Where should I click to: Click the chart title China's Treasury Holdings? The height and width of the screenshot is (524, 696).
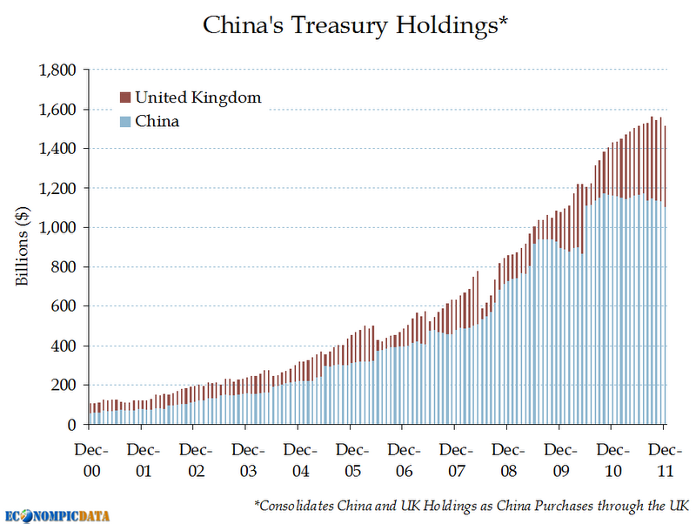click(x=354, y=24)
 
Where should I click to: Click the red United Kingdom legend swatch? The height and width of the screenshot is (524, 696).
click(x=124, y=97)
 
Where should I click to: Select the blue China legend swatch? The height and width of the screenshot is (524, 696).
click(x=124, y=121)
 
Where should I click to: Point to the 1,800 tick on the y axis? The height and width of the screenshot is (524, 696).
click(x=59, y=70)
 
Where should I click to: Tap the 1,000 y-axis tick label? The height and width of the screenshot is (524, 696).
click(x=59, y=227)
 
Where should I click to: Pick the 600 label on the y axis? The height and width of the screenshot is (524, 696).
click(x=66, y=306)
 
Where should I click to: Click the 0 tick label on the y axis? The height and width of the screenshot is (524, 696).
click(x=74, y=425)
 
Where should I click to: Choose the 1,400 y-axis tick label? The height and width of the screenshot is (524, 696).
click(x=59, y=149)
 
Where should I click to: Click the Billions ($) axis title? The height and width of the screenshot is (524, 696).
click(x=23, y=247)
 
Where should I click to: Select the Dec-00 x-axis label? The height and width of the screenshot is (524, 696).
click(x=91, y=460)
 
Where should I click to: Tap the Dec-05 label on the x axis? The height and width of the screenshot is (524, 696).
click(x=352, y=460)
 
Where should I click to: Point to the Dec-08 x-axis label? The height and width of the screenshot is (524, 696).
click(x=509, y=460)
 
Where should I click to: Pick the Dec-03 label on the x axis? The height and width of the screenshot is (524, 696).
click(x=248, y=460)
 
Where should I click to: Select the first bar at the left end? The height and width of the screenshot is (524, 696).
click(x=90, y=413)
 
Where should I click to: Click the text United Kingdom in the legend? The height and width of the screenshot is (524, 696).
click(x=197, y=97)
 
